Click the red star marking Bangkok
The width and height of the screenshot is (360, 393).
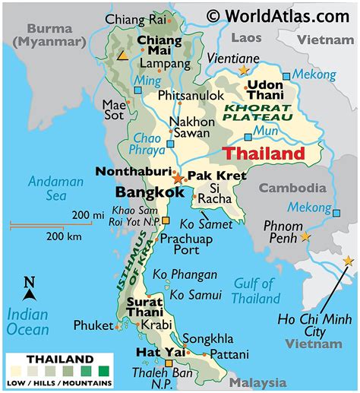point(178,179)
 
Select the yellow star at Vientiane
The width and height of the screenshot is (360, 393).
point(244,70)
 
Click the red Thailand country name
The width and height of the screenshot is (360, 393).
point(264,154)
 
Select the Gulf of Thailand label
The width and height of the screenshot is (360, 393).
point(256,291)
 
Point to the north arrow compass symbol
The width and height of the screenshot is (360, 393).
point(30,289)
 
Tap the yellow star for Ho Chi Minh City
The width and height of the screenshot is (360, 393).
point(348,261)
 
